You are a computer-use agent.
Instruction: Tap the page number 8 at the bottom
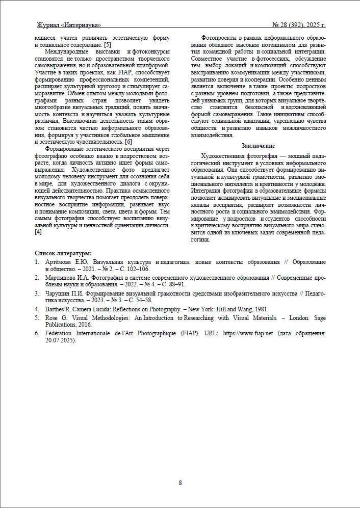point(180,483)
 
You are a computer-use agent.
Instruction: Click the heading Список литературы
point(63,253)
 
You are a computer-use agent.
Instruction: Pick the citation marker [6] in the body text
point(128,141)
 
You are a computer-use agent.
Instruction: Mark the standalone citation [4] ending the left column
point(38,232)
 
